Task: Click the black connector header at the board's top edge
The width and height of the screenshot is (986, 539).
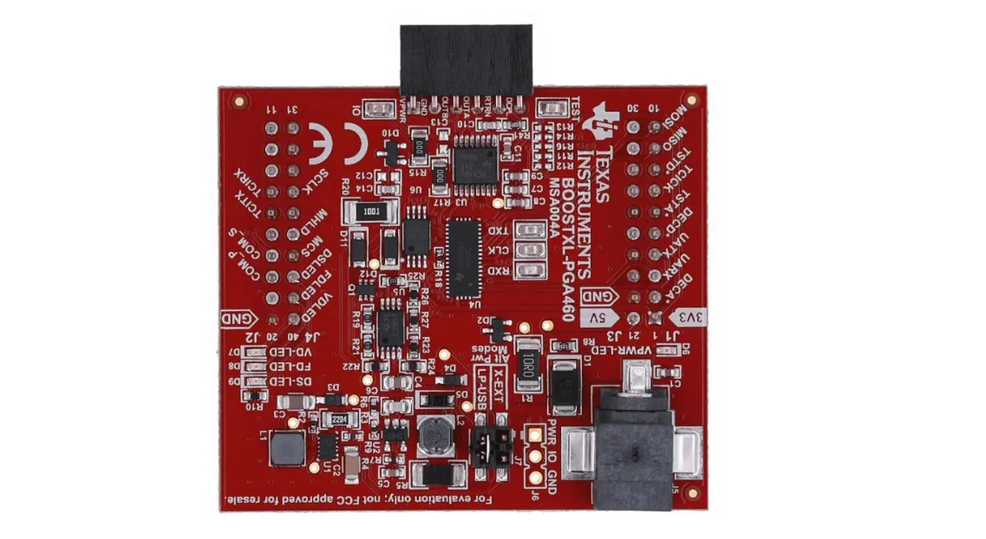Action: [465, 59]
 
